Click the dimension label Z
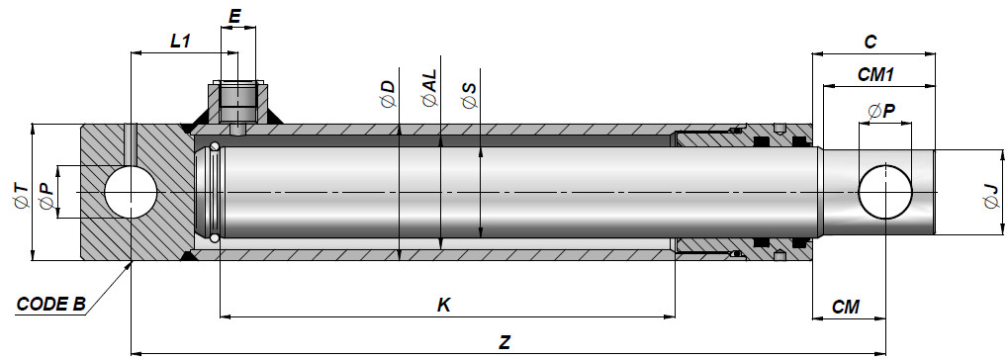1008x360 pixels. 504,342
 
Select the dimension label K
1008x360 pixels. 443,306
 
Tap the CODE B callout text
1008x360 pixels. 50,304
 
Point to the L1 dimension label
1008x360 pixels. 181,42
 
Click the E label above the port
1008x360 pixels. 235,17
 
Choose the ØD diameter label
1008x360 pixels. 389,94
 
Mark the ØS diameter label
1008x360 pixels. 470,95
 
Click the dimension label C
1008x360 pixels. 870,43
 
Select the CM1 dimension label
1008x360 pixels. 876,75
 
